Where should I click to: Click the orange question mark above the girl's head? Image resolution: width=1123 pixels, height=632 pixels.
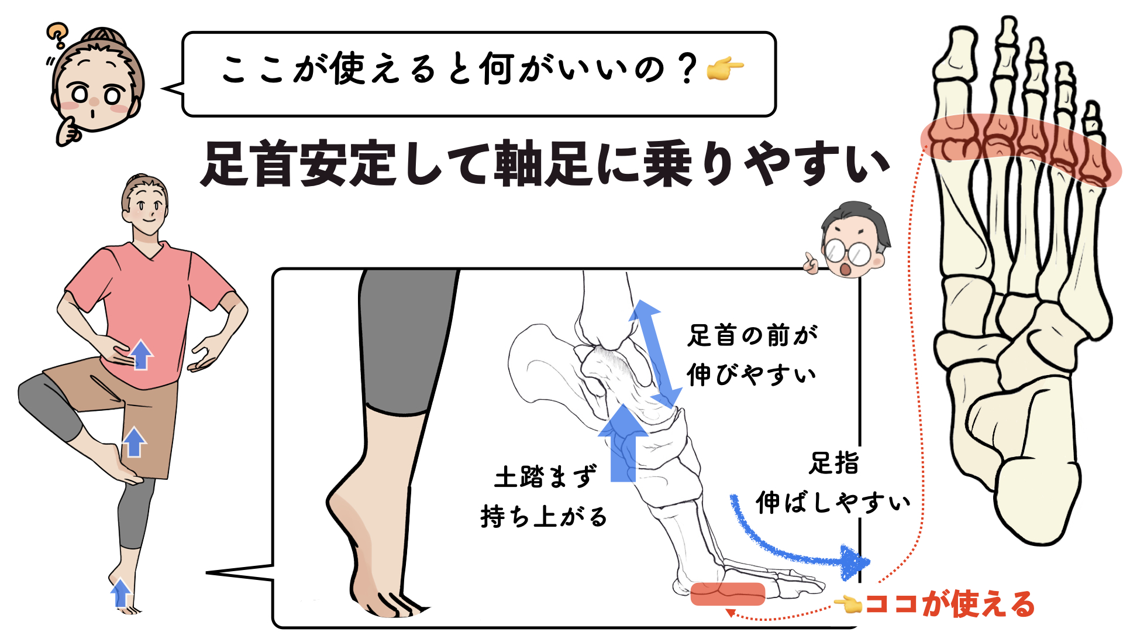pos(57,35)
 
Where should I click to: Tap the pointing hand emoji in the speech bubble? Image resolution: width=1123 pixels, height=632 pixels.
pos(725,68)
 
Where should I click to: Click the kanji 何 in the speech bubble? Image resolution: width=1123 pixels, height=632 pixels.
pos(497,69)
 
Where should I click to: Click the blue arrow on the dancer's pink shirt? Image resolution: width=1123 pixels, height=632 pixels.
pos(140,355)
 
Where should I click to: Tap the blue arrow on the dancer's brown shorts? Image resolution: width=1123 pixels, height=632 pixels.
pos(134,442)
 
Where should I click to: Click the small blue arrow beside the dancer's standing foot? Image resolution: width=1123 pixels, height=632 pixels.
pos(120,593)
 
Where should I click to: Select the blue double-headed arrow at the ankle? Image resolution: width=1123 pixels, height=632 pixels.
pos(656,353)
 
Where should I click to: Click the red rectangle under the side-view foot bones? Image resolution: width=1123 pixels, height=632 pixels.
pos(728,594)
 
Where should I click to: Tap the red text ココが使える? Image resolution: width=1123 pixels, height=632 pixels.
pos(950,604)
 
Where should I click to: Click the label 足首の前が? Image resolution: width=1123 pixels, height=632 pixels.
pos(752,336)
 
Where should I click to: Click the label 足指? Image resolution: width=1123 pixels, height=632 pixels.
pos(834,463)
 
